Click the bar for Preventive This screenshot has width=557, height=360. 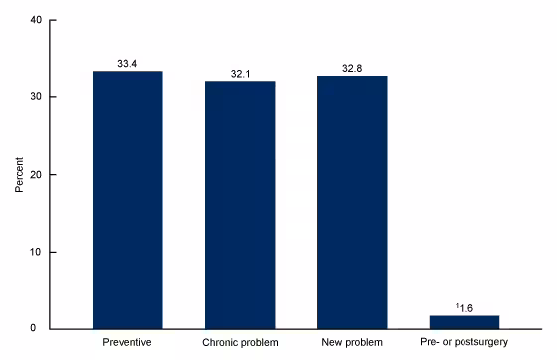tap(127, 199)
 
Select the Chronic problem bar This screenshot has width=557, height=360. tap(240, 204)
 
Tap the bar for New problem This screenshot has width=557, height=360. tap(352, 201)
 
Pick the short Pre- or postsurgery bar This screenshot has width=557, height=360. tap(464, 322)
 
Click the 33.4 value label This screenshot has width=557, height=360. tap(127, 63)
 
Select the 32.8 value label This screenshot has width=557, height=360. tap(352, 68)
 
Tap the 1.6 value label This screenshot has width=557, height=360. tap(466, 307)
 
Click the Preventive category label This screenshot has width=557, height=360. tap(127, 343)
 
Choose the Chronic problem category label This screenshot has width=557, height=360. tap(240, 343)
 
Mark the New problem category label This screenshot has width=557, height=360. tap(352, 343)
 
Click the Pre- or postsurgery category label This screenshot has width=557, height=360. tap(464, 343)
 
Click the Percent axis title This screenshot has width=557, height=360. tap(19, 174)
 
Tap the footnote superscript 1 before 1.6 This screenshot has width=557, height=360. tap(458, 305)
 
